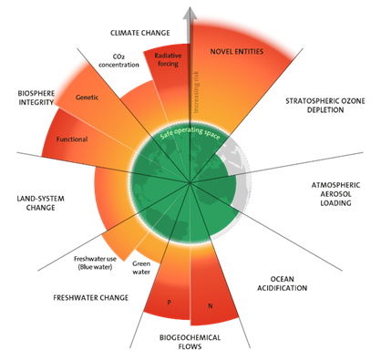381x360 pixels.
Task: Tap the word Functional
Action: click(x=72, y=140)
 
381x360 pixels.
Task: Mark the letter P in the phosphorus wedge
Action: click(x=167, y=301)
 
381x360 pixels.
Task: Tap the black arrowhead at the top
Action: click(x=190, y=12)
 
